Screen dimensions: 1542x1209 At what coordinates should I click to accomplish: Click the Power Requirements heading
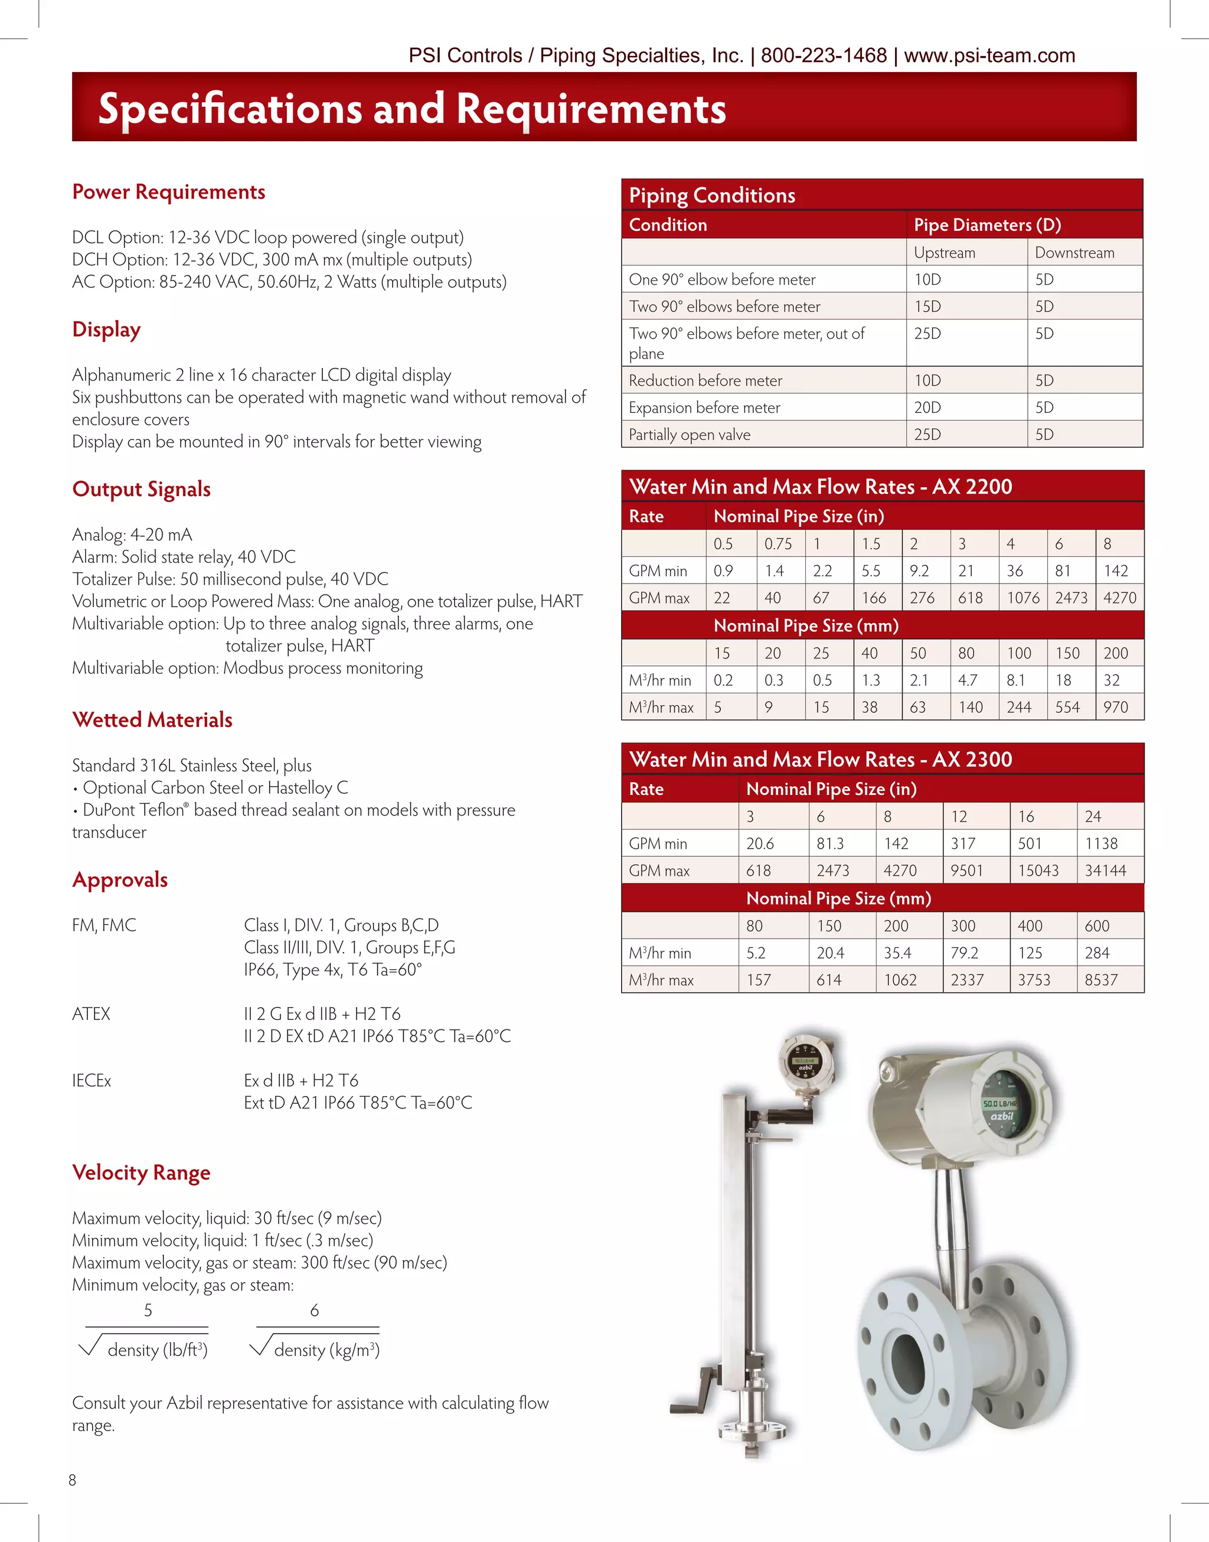[x=168, y=192]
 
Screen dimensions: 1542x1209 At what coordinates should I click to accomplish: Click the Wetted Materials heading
[x=152, y=720]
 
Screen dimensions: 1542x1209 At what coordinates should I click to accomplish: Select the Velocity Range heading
[x=141, y=1172]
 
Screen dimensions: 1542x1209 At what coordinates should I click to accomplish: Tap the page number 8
[x=72, y=1480]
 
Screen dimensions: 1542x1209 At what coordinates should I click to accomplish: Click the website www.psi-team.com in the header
[x=989, y=56]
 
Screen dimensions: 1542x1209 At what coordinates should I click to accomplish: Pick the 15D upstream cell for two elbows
[x=927, y=307]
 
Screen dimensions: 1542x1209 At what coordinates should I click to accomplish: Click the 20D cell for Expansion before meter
[x=927, y=408]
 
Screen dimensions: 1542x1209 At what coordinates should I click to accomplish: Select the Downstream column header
[x=1074, y=253]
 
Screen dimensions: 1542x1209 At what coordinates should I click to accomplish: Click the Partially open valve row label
[x=690, y=435]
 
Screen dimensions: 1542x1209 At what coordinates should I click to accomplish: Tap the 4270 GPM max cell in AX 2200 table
[x=1119, y=598]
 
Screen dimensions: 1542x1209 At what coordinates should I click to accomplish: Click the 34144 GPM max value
[x=1105, y=871]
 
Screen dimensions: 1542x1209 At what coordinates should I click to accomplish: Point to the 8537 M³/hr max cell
[x=1101, y=980]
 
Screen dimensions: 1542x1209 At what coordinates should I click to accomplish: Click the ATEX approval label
[x=92, y=1014]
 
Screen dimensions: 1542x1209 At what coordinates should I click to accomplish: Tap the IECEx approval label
[x=92, y=1080]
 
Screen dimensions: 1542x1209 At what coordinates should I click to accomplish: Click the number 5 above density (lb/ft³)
[x=148, y=1310]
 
